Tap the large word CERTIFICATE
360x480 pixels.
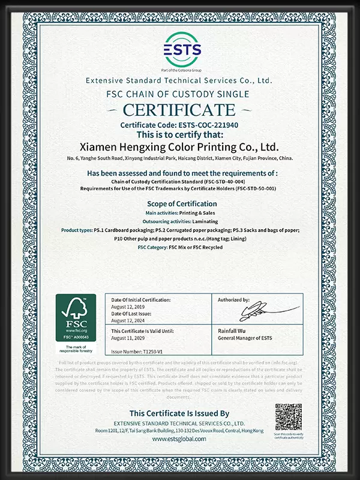click(179, 110)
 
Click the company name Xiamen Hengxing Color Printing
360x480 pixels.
click(179, 146)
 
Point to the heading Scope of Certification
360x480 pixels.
click(179, 204)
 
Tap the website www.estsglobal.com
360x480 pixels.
click(179, 439)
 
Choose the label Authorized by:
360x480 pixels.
click(234, 299)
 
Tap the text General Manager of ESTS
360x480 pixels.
click(245, 338)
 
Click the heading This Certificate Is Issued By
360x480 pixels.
click(179, 413)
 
